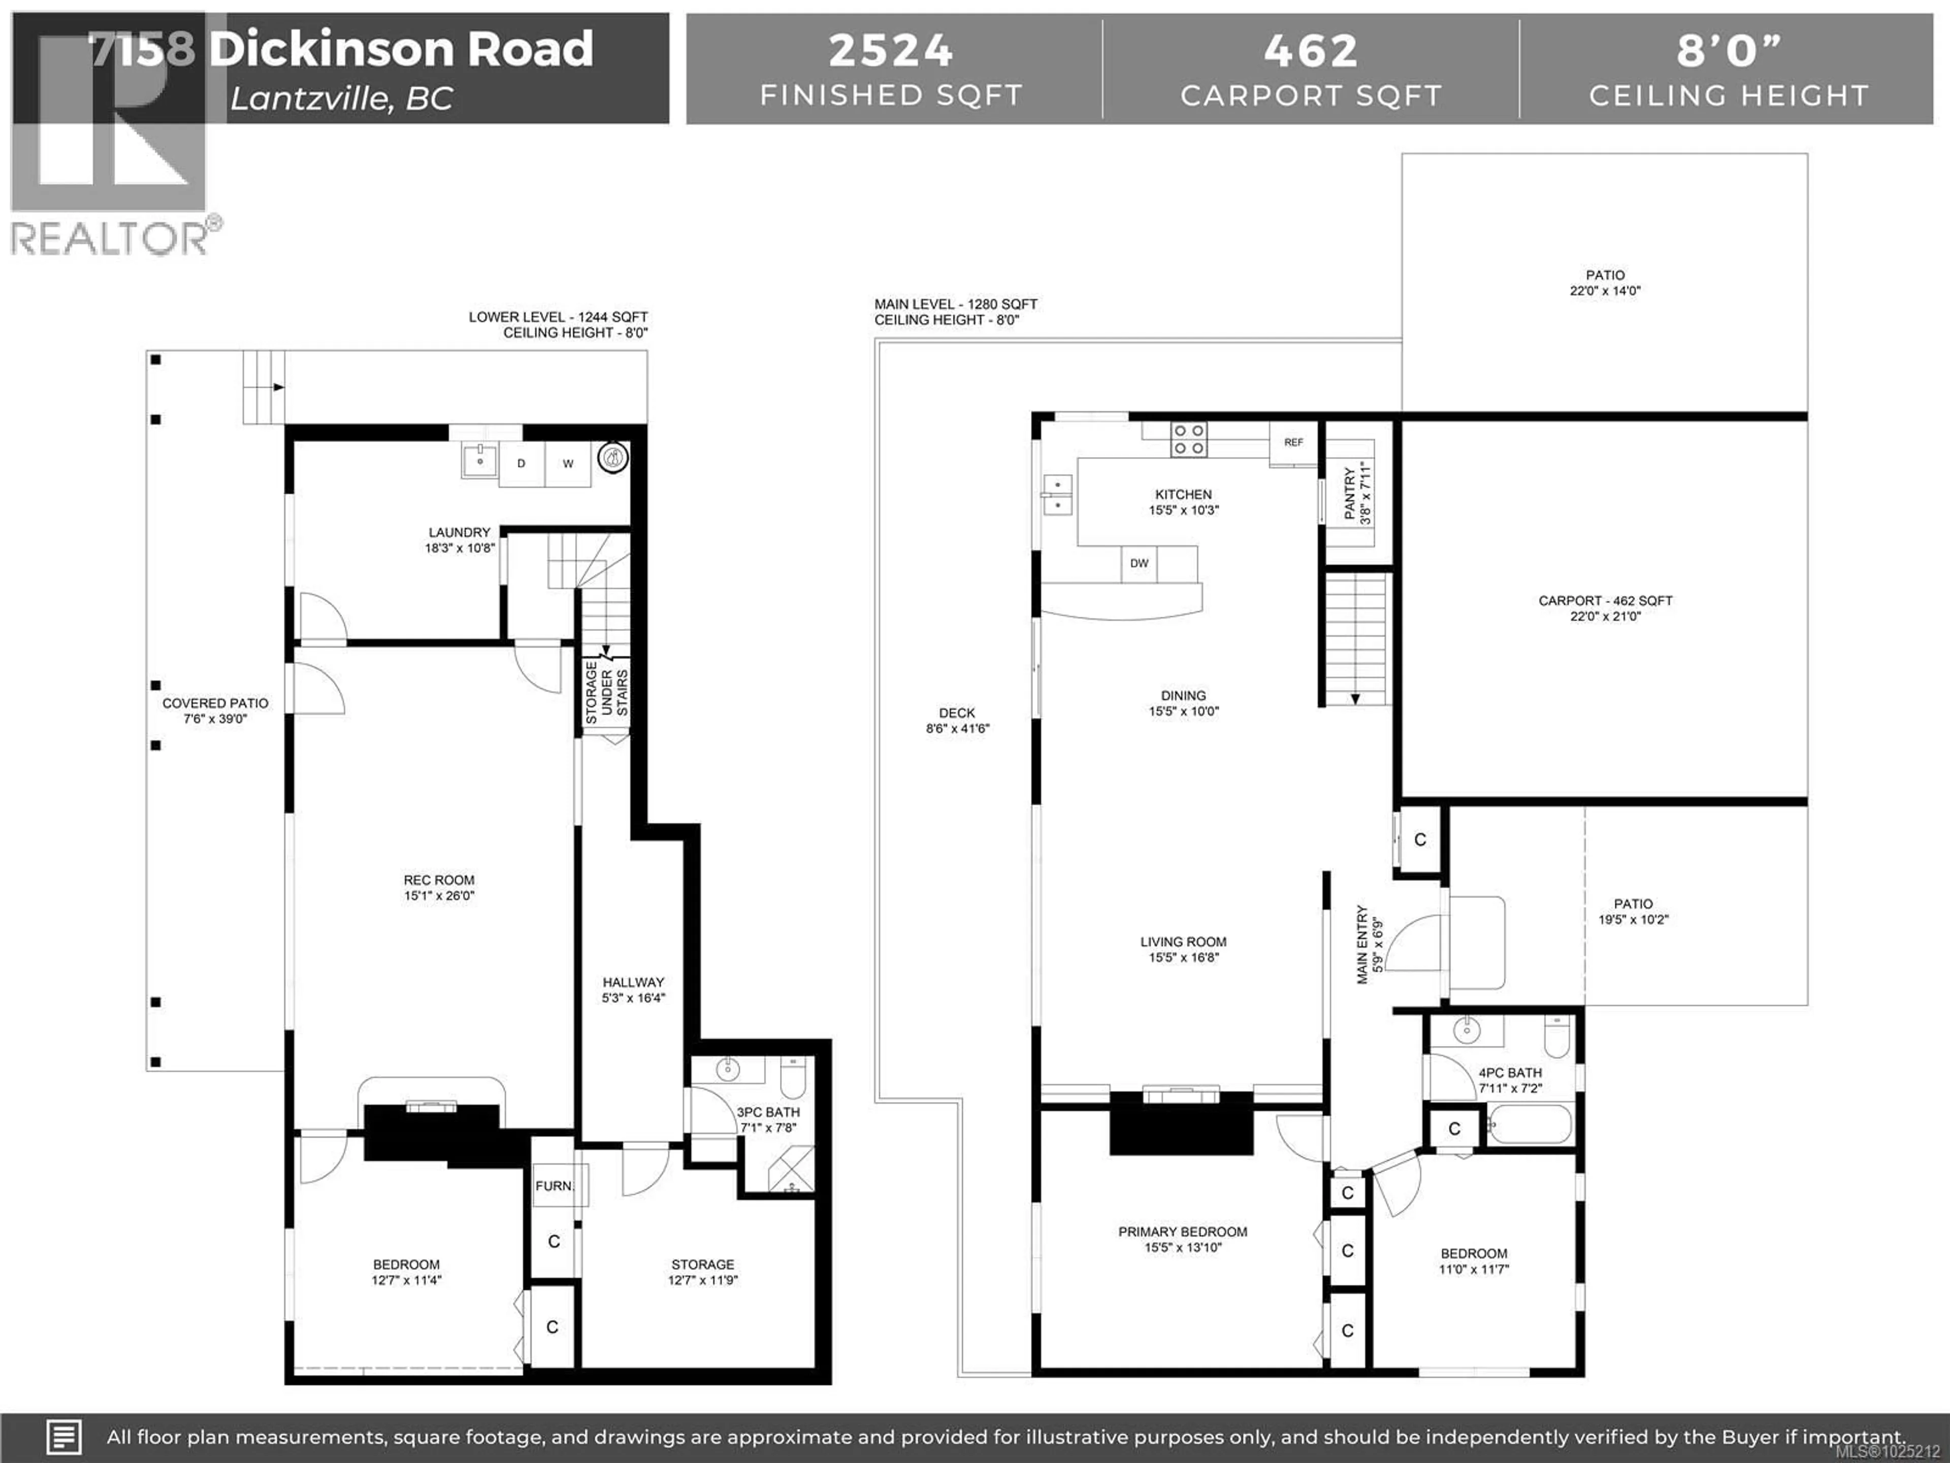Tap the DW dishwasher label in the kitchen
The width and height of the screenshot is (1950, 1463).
point(1139,563)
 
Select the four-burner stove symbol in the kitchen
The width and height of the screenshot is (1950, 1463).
point(1188,439)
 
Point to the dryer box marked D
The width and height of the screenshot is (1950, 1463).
point(521,464)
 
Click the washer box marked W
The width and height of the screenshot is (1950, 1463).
point(568,464)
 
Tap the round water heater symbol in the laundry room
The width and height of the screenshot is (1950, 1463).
point(613,457)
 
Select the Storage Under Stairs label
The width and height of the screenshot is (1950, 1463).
point(606,693)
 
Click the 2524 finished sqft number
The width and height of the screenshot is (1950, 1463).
point(890,50)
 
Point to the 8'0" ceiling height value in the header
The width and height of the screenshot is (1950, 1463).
point(1728,50)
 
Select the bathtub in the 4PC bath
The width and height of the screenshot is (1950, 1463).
point(1530,1125)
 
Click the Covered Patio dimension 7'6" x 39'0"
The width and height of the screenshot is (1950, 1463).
point(215,719)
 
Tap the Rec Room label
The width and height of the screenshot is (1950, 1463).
point(439,880)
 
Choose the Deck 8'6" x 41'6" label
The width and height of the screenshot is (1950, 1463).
point(957,720)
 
